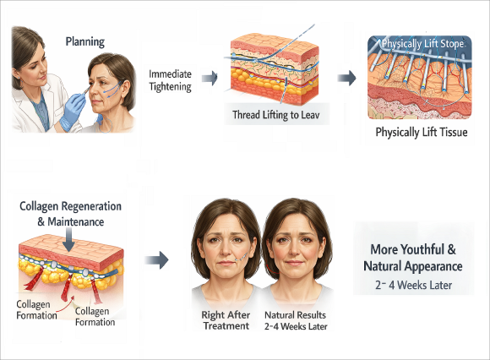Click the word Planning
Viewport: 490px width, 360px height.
(85, 42)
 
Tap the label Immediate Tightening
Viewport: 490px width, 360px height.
(170, 80)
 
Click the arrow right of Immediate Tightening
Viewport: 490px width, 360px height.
(210, 78)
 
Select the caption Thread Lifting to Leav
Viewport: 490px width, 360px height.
(275, 115)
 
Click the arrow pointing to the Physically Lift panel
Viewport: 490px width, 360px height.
(347, 78)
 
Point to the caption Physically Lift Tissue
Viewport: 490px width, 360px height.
(422, 132)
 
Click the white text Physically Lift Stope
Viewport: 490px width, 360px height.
(422, 44)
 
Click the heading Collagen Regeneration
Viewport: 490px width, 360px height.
(70, 206)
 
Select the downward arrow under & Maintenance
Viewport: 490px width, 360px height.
(68, 239)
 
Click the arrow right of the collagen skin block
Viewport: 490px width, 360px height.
(157, 259)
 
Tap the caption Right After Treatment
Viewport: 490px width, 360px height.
(226, 320)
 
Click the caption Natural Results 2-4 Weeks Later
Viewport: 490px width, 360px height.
(296, 320)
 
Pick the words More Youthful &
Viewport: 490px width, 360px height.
(413, 249)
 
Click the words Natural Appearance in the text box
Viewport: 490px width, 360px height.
(413, 266)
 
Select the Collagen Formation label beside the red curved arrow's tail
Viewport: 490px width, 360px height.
(36, 309)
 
